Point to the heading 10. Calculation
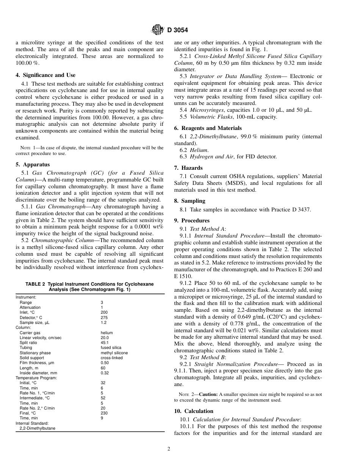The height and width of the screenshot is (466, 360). pos(193,411)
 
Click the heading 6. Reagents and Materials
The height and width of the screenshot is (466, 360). pos(208,128)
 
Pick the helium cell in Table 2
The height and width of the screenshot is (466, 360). pos(106,333)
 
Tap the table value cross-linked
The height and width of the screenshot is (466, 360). pos(111,358)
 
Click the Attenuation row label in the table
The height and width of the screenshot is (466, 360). pos(30,308)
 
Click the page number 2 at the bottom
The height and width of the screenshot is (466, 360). pos(169,449)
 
